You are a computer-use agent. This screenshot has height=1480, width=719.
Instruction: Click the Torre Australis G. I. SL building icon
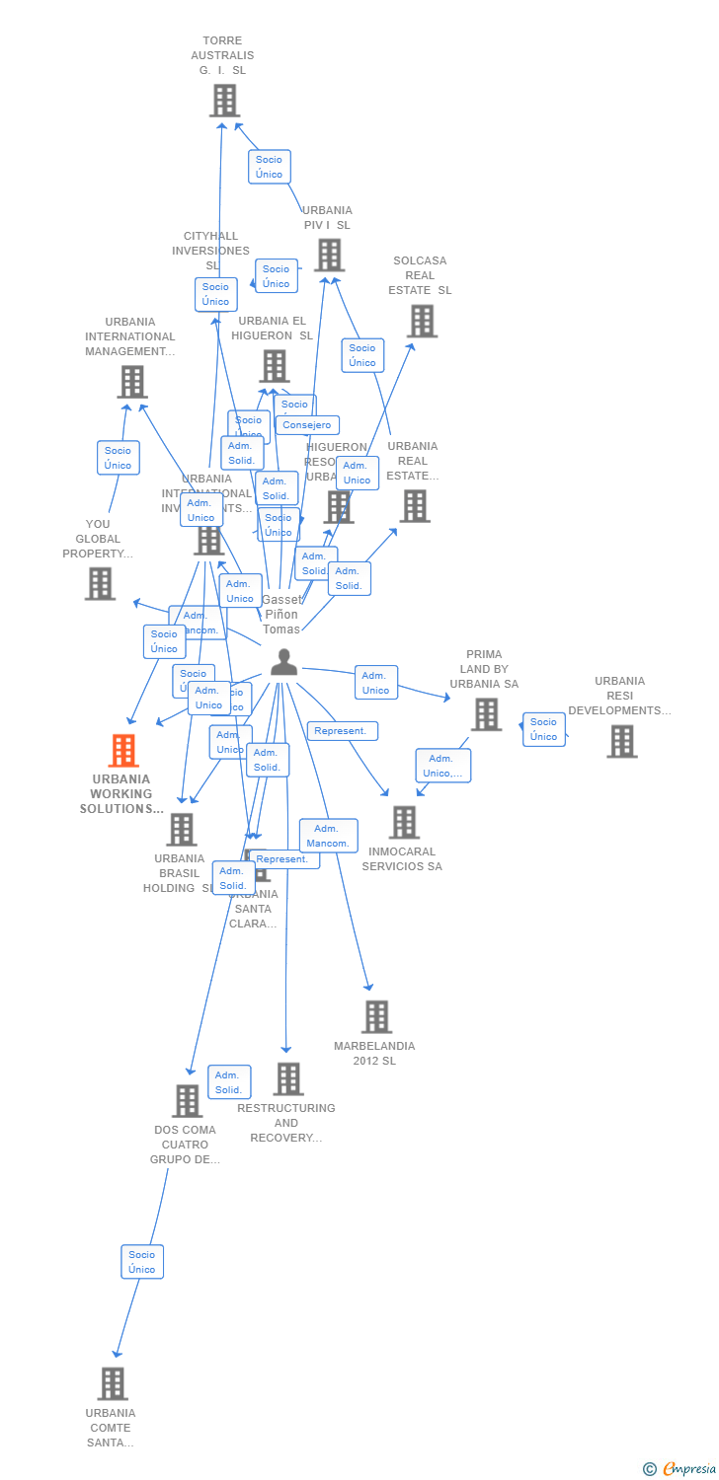click(224, 101)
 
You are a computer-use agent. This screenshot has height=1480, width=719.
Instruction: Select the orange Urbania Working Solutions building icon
click(122, 751)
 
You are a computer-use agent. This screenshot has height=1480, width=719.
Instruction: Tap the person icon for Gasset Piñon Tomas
click(283, 663)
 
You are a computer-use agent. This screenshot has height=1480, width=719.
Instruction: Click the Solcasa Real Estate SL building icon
click(422, 321)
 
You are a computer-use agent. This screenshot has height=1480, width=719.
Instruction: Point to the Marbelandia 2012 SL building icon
click(376, 1016)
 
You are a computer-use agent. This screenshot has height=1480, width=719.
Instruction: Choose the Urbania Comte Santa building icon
click(113, 1383)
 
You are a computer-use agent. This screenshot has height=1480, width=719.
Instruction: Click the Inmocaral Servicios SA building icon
click(404, 822)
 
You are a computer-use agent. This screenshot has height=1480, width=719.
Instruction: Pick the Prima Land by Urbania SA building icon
click(486, 714)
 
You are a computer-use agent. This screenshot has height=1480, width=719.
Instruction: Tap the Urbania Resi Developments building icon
click(621, 741)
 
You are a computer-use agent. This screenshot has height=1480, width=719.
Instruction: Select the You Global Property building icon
click(100, 583)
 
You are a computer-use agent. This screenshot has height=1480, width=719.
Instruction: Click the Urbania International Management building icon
click(131, 382)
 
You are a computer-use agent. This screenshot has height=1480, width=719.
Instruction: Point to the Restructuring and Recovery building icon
click(287, 1078)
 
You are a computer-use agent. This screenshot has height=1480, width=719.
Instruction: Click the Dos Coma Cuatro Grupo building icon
click(187, 1100)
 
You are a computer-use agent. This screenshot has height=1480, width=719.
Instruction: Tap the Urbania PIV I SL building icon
click(329, 255)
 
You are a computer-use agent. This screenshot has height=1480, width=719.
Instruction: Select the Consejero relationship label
click(307, 425)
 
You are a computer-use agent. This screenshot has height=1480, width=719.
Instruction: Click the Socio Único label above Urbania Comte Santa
click(142, 1262)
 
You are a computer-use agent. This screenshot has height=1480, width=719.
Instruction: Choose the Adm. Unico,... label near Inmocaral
click(442, 766)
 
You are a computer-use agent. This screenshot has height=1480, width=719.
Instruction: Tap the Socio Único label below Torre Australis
click(269, 167)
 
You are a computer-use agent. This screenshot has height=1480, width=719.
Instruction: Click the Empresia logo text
click(688, 1469)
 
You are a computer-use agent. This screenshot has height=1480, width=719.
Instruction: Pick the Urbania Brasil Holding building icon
click(182, 830)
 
